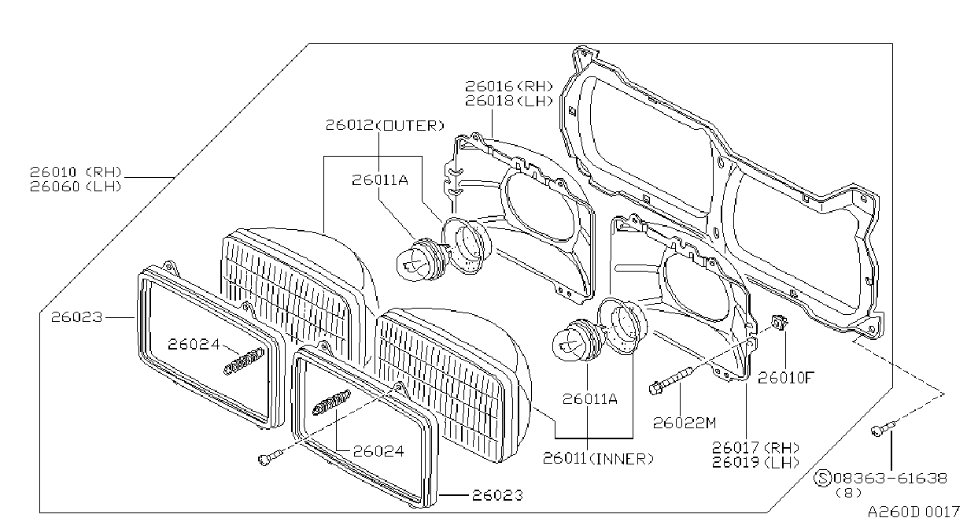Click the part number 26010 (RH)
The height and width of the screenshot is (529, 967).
point(76,172)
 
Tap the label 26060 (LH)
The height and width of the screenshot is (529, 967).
point(76,187)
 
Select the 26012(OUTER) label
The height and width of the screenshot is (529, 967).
point(385,125)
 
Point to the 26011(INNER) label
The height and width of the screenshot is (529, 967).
point(598,458)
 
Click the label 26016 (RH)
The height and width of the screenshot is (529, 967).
point(508,87)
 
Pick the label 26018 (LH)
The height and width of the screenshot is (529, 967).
point(508,101)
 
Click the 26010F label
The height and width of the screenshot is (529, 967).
point(786,378)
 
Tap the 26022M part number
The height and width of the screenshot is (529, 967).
point(685,423)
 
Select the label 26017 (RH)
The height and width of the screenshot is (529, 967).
point(755,447)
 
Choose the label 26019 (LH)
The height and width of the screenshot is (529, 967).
point(755,462)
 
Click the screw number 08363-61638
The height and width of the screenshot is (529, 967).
point(891,478)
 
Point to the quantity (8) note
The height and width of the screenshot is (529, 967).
point(848,493)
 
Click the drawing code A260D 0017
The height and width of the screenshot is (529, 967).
point(913,512)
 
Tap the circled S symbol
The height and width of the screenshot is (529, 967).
point(822,479)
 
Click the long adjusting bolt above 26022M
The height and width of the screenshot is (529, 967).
point(671,380)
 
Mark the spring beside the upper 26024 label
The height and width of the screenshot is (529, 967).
point(245,361)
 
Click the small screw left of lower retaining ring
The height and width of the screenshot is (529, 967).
point(270,457)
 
